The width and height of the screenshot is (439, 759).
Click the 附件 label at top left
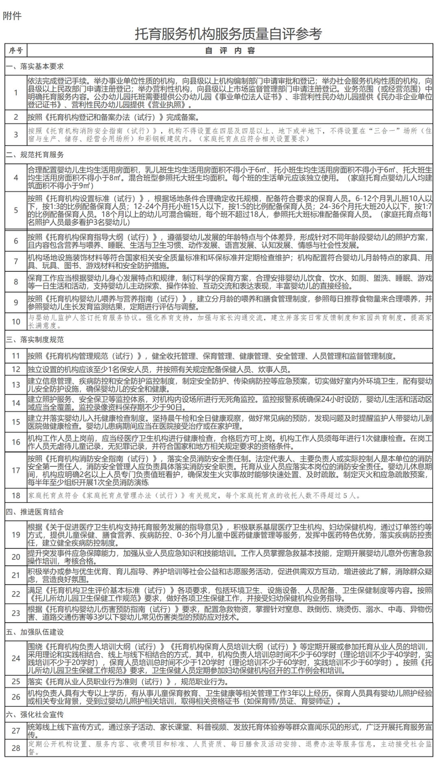click(12, 16)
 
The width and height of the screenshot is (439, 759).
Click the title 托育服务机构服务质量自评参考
click(228, 34)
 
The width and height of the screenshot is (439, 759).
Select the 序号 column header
click(16, 50)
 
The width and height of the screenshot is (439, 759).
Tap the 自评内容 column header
click(230, 50)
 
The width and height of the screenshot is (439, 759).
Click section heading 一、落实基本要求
click(35, 66)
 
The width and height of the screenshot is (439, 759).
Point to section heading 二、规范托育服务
click(35, 155)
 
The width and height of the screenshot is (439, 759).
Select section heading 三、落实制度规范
click(35, 339)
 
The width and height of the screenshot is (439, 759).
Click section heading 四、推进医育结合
click(35, 512)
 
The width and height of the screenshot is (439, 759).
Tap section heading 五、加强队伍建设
click(35, 632)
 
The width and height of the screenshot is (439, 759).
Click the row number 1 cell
click(16, 92)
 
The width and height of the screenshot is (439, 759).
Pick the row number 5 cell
click(16, 210)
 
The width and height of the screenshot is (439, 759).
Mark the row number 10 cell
click(16, 321)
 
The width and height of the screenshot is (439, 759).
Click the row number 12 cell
click(16, 369)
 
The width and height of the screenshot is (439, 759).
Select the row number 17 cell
click(16, 470)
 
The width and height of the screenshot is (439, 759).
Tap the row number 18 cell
click(16, 495)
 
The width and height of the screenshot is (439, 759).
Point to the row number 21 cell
click(16, 575)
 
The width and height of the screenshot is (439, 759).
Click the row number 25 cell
click(16, 681)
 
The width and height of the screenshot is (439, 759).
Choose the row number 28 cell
click(16, 748)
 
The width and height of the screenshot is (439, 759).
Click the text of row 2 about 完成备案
click(113, 117)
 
